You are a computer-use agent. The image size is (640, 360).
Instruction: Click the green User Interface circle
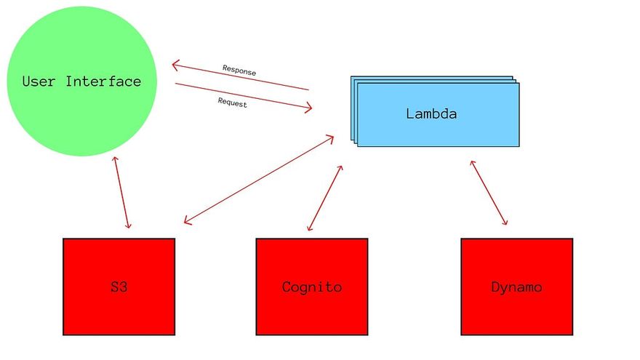click(81, 109)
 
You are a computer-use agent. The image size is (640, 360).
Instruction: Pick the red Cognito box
click(311, 305)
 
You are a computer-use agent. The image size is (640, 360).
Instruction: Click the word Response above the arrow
click(239, 71)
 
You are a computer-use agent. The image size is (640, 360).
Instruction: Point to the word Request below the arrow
click(232, 103)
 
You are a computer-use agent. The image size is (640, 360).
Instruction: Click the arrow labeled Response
click(240, 78)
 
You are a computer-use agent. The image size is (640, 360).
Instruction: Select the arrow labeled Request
click(243, 97)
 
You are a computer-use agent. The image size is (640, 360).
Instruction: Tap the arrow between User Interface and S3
click(121, 193)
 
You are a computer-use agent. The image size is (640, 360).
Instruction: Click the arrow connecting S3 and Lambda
click(258, 179)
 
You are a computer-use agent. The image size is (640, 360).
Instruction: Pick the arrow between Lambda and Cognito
click(325, 198)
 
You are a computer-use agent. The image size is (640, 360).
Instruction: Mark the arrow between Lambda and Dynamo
click(489, 193)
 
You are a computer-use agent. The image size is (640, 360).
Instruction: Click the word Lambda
click(431, 113)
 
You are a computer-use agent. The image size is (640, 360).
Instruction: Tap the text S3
click(119, 287)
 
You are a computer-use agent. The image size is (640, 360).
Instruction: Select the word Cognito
click(311, 287)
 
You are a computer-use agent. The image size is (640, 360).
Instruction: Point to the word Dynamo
click(516, 287)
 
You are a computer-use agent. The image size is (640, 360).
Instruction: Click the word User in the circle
click(39, 81)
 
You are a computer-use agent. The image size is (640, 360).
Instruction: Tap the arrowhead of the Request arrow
click(308, 109)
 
